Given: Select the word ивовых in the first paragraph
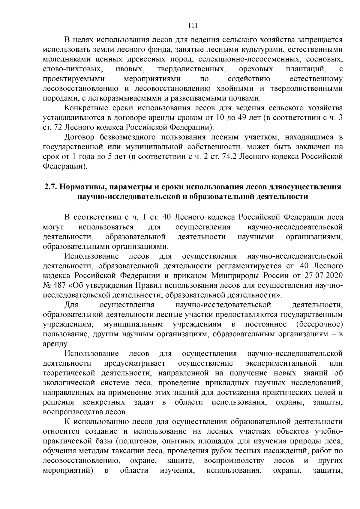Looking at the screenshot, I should click(x=130, y=69).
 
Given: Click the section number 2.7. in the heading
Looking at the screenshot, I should click(x=50, y=187).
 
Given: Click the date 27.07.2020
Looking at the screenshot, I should click(x=325, y=275).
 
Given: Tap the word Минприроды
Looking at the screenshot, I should click(x=232, y=275).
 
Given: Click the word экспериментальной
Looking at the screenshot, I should click(x=281, y=363).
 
